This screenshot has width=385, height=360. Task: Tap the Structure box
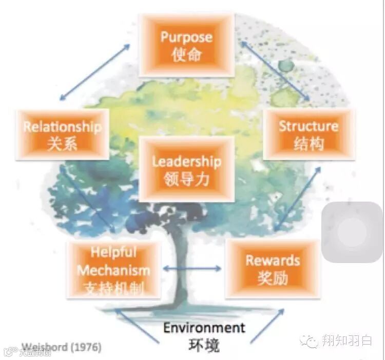309,134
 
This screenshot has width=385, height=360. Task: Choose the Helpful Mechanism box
113,270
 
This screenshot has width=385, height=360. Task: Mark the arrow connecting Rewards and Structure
297,198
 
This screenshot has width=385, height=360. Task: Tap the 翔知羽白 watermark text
346,341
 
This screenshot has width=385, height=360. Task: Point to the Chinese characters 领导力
186,179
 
